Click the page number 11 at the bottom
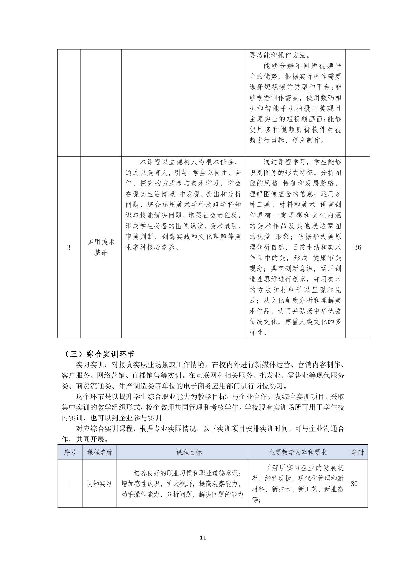tap(203, 537)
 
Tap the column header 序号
tap(70, 452)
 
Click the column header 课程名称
tap(100, 452)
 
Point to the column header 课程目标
tap(182, 452)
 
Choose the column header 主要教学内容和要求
tap(298, 452)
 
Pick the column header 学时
tap(358, 452)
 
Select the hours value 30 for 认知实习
tap(354, 484)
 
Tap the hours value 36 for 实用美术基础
tap(358, 247)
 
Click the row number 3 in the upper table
tap(69, 247)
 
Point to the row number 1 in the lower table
tap(70, 484)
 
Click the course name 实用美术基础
tap(101, 247)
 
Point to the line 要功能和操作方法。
tap(282, 55)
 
